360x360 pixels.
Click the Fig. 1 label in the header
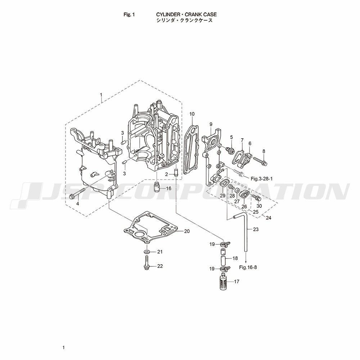point(129,15)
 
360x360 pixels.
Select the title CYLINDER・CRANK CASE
point(186,15)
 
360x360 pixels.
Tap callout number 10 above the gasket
point(192,114)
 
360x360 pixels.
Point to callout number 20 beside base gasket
point(187,231)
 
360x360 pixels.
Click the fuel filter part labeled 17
point(224,282)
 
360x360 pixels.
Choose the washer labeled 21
point(147,252)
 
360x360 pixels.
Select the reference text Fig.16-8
point(248,267)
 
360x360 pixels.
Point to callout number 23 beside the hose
point(256,229)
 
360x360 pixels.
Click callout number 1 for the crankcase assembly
point(101,95)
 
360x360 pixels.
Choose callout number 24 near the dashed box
point(269,218)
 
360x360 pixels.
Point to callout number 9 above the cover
point(211,124)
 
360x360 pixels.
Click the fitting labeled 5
point(230,150)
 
